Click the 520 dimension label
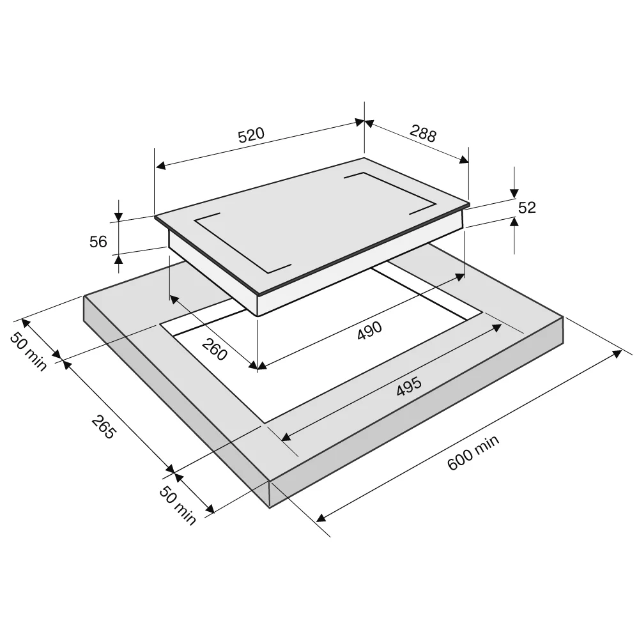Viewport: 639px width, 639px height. (x=251, y=135)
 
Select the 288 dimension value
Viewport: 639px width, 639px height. (x=423, y=134)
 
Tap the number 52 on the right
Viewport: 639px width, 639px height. (x=527, y=208)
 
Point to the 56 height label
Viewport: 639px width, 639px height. (x=98, y=242)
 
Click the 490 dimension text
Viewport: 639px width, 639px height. (x=369, y=330)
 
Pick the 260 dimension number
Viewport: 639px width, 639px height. (x=214, y=350)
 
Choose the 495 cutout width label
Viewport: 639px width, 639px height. (x=409, y=387)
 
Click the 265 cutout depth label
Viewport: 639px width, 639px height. (x=104, y=427)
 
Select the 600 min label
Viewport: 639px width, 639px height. (x=473, y=452)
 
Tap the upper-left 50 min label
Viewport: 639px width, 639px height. (x=28, y=351)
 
